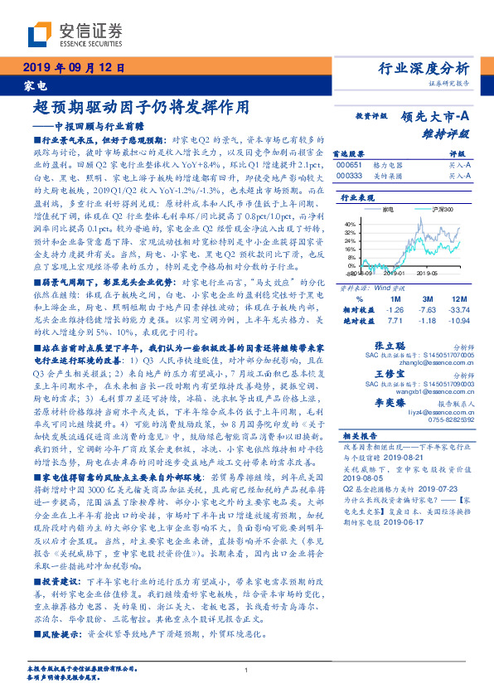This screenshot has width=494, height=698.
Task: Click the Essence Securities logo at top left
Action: (x=75, y=36)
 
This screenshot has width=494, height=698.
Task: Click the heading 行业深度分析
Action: (x=423, y=69)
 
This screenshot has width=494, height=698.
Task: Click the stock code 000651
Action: (x=349, y=165)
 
